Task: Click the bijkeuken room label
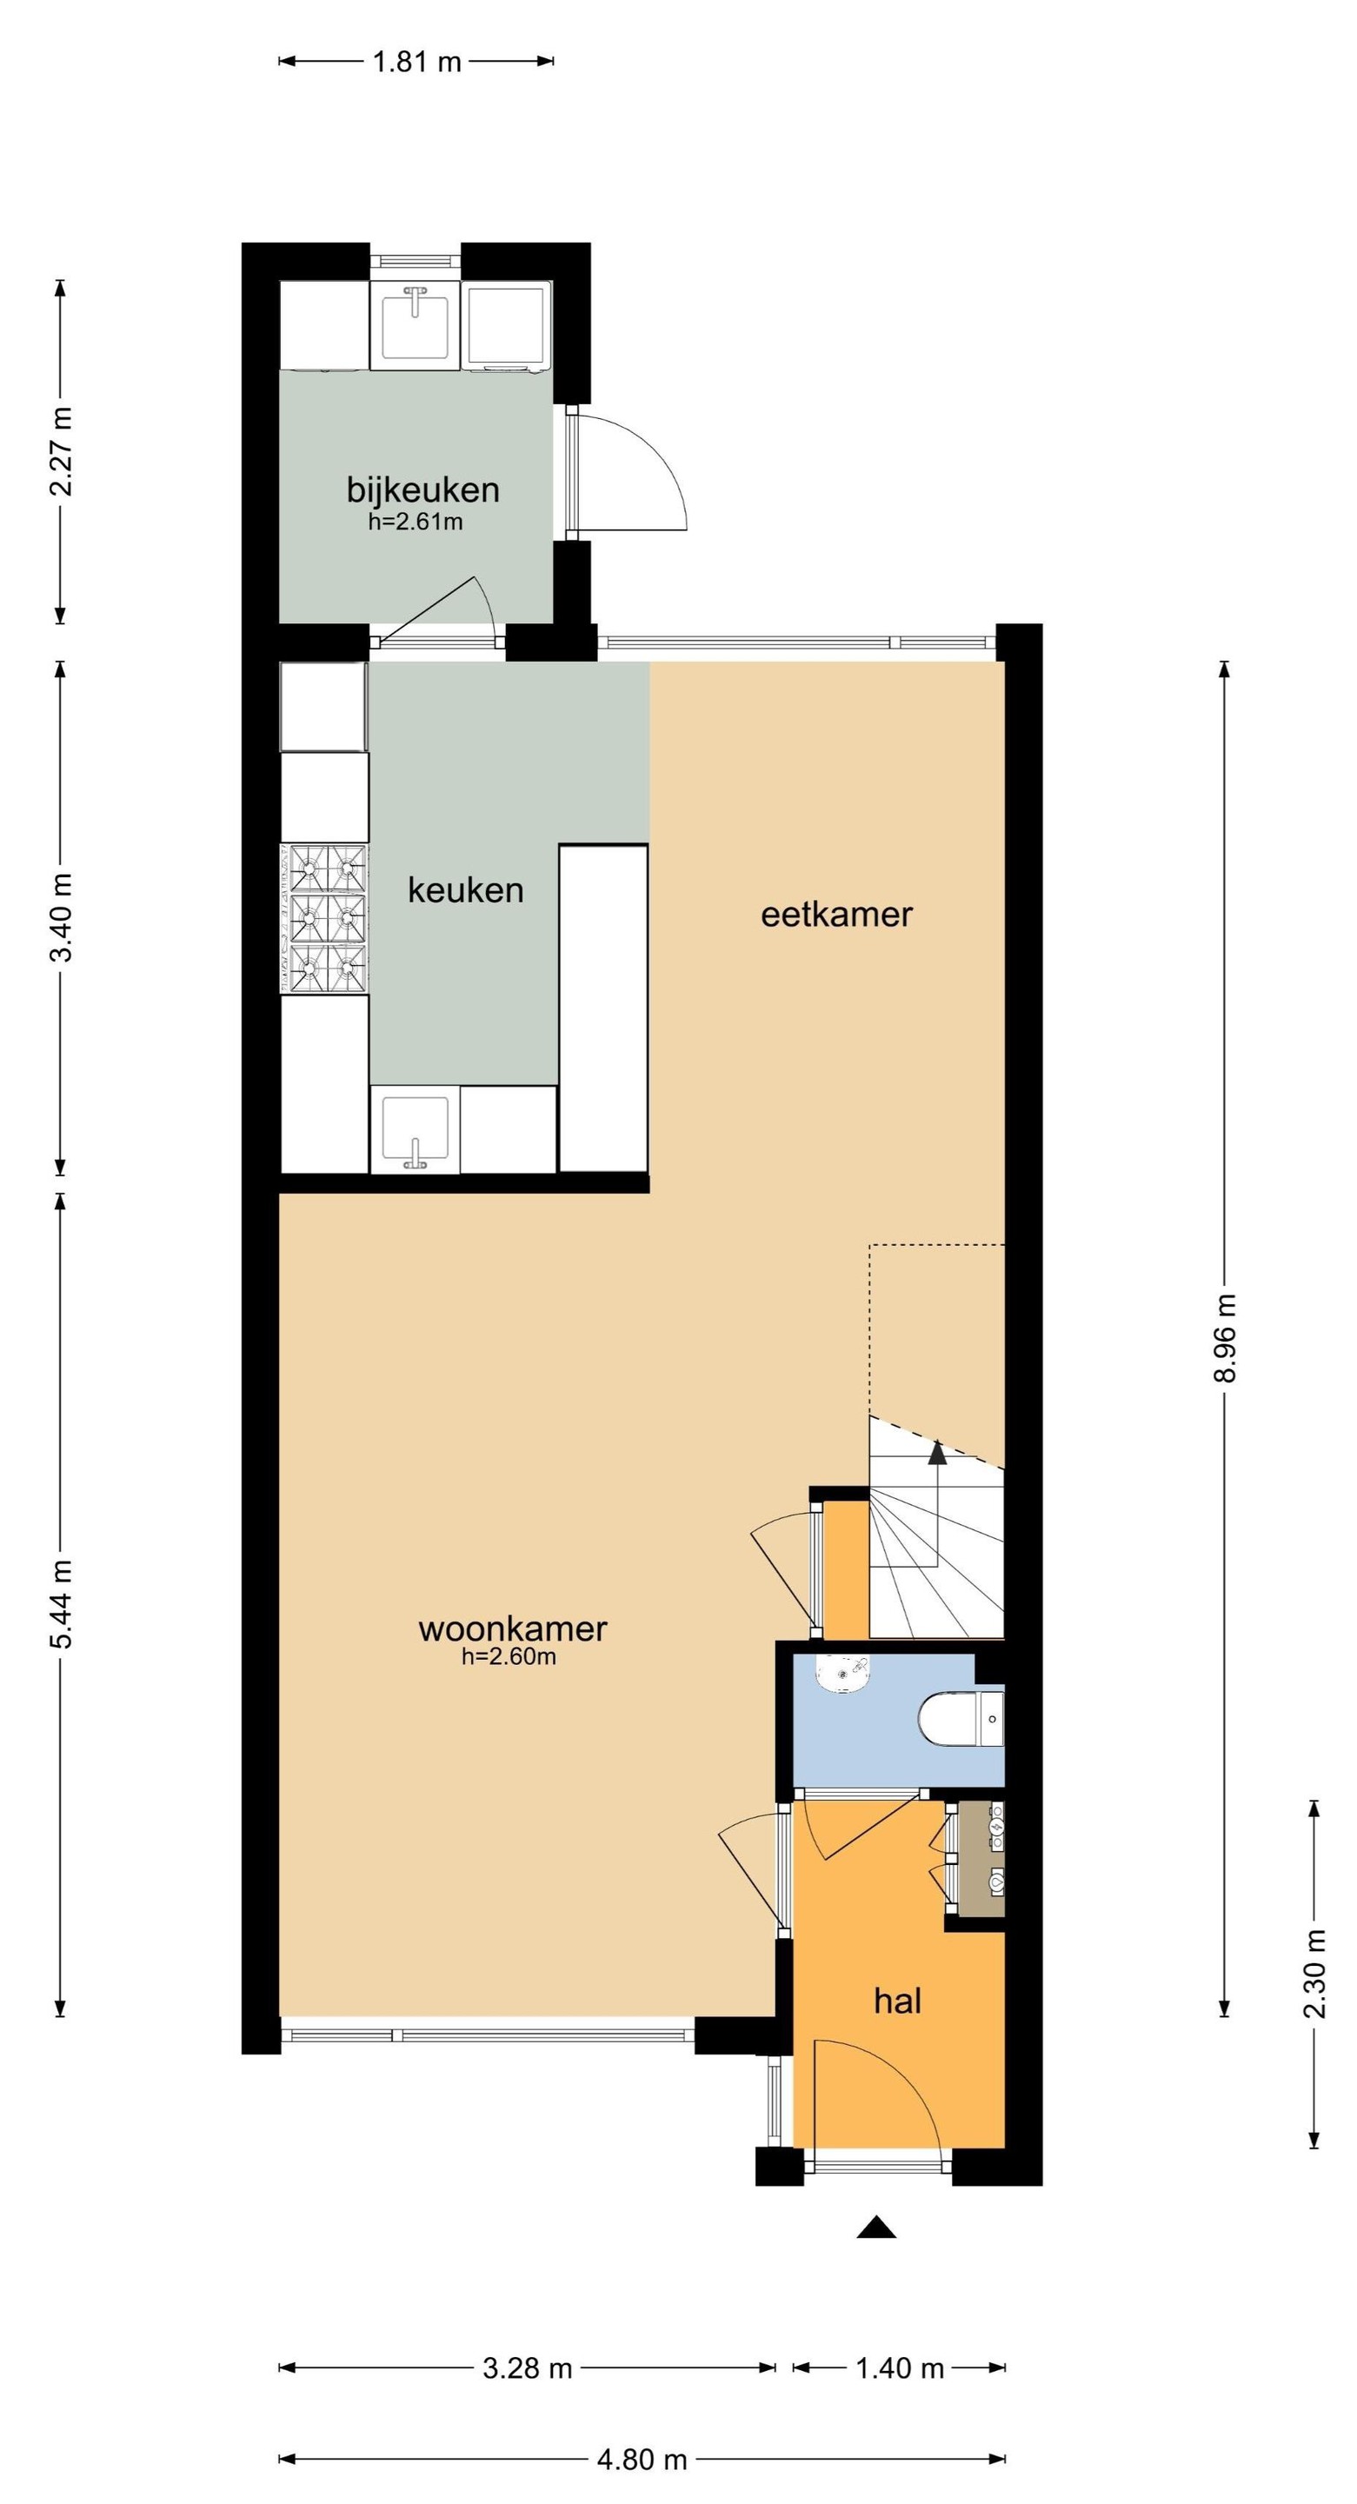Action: [x=422, y=489]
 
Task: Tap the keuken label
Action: [x=466, y=889]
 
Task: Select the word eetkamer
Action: [x=836, y=915]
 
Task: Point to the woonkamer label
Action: [x=512, y=1629]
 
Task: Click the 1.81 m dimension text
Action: [x=417, y=63]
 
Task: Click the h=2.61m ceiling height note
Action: [x=415, y=522]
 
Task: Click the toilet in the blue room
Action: [x=961, y=1719]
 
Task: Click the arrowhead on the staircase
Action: [x=937, y=1452]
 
